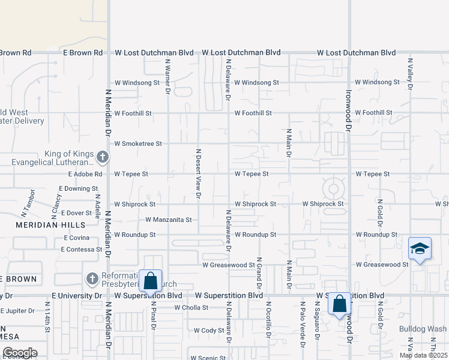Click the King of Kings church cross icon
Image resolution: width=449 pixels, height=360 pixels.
click(102, 158)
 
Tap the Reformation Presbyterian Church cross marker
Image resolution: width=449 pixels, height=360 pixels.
click(92, 278)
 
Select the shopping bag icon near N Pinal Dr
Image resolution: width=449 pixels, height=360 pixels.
click(150, 280)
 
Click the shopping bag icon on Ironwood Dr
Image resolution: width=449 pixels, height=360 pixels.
click(340, 304)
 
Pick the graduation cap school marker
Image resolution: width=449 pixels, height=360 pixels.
click(420, 248)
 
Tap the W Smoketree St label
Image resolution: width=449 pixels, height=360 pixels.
click(138, 144)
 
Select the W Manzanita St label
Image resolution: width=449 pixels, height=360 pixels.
click(168, 220)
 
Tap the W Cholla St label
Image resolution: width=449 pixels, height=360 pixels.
click(191, 308)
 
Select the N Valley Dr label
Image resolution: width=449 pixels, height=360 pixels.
click(411, 74)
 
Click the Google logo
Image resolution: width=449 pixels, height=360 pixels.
click(19, 353)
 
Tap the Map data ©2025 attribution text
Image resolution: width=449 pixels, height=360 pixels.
click(423, 355)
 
